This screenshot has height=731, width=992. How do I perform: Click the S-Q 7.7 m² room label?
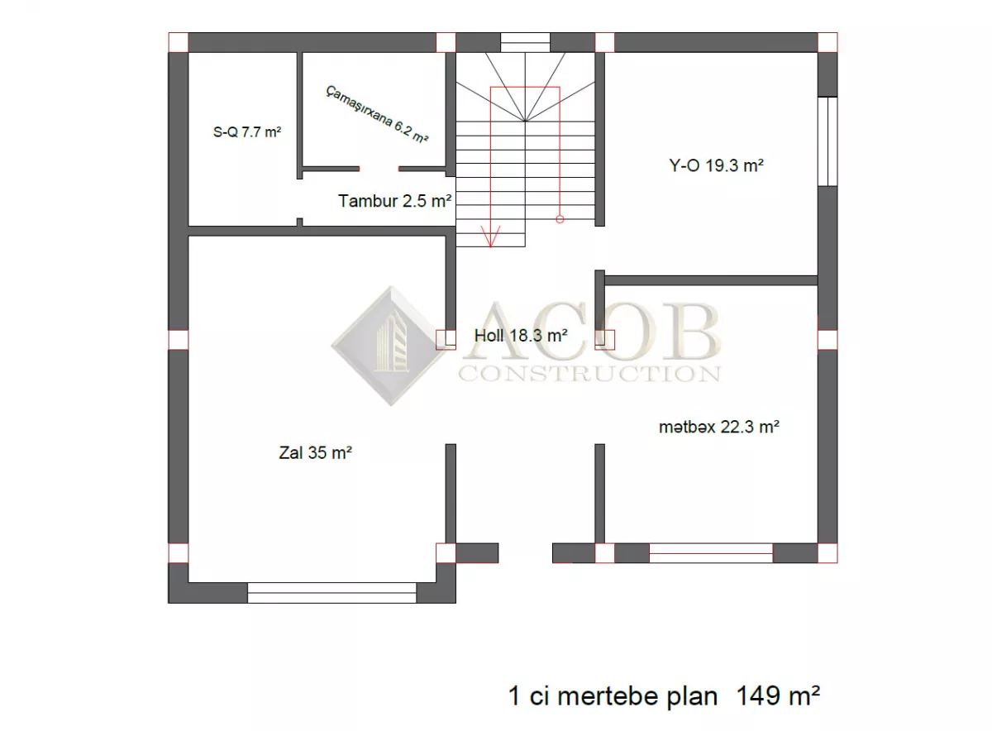pyautogui.click(x=247, y=132)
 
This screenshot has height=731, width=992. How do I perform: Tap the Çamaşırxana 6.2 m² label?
pyautogui.click(x=377, y=114)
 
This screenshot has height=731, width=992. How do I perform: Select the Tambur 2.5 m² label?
pyautogui.click(x=395, y=201)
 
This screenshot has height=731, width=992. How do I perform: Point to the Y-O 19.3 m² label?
pyautogui.click(x=716, y=165)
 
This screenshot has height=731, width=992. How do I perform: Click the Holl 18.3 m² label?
pyautogui.click(x=521, y=336)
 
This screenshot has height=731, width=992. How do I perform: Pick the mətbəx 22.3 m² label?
pyautogui.click(x=719, y=427)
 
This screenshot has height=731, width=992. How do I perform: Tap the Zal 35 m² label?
pyautogui.click(x=315, y=453)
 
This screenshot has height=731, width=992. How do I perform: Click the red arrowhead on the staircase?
pyautogui.click(x=491, y=236)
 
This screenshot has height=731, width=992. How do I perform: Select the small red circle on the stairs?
pyautogui.click(x=560, y=219)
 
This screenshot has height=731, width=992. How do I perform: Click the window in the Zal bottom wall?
pyautogui.click(x=331, y=593)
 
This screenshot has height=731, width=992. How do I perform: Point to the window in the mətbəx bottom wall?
pyautogui.click(x=711, y=553)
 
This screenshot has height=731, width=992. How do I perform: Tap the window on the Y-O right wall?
pyautogui.click(x=827, y=141)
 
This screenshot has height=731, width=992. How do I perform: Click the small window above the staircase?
pyautogui.click(x=525, y=42)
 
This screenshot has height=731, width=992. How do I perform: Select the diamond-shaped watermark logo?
pyautogui.click(x=389, y=346)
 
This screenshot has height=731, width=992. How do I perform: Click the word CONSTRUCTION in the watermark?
pyautogui.click(x=590, y=375)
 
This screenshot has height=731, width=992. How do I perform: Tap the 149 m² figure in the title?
pyautogui.click(x=778, y=696)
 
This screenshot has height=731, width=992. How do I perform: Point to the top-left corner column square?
pyautogui.click(x=178, y=42)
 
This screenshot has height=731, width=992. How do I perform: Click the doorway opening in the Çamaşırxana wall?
pyautogui.click(x=379, y=169)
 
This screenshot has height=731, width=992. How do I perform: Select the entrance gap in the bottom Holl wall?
pyautogui.click(x=525, y=553)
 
